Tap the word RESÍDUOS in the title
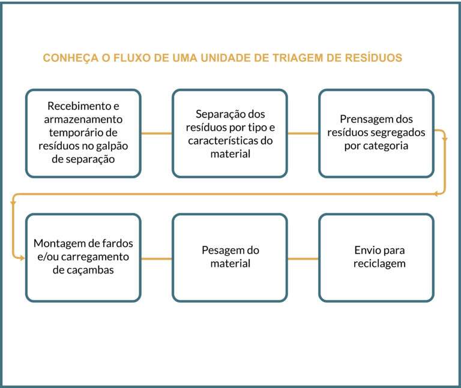click(x=373, y=58)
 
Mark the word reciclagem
click(x=379, y=264)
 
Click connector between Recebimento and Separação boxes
click(x=157, y=133)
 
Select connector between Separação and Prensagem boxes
click(x=303, y=133)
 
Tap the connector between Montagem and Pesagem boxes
click(x=157, y=258)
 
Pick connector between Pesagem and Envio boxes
click(x=303, y=258)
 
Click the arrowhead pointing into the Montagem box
click(x=22, y=258)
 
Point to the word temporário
click(x=83, y=133)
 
